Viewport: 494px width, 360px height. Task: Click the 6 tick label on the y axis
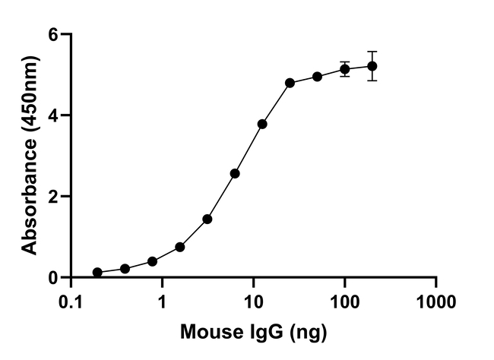(x=52, y=34)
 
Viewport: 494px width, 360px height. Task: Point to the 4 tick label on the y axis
(x=52, y=115)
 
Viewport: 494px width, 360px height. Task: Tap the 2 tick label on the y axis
(x=52, y=197)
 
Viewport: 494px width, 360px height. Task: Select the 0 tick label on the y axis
(x=52, y=278)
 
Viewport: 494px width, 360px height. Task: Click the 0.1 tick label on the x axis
(x=71, y=302)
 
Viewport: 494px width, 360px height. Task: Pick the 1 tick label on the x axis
(x=162, y=302)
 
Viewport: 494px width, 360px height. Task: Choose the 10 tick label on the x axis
(x=253, y=302)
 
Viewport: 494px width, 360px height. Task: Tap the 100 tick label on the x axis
(x=345, y=302)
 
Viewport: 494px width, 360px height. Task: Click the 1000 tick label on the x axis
(x=436, y=302)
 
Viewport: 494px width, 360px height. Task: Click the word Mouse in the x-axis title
(x=208, y=332)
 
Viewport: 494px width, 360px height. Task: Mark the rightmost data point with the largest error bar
(x=372, y=66)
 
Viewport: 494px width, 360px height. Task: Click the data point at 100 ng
(x=345, y=69)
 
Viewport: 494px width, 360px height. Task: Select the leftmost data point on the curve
(x=98, y=273)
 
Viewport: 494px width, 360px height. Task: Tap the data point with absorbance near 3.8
(x=262, y=125)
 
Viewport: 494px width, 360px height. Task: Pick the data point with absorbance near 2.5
(x=235, y=173)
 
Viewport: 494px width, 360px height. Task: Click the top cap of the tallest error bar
(x=372, y=52)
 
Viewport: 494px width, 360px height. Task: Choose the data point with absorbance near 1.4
(x=207, y=219)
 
